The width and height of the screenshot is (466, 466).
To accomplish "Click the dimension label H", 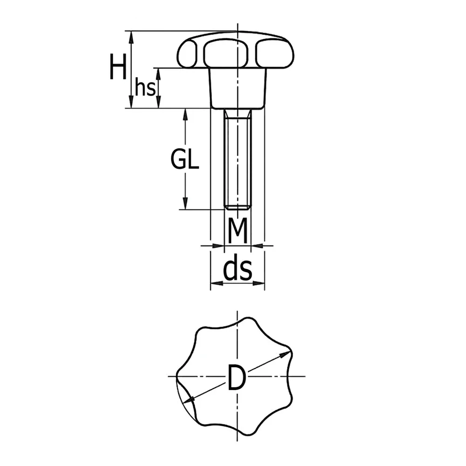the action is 118,67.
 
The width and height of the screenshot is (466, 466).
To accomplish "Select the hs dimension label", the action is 145,87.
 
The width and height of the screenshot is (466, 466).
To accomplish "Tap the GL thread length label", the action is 185,159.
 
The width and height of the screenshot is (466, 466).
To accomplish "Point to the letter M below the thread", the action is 238,230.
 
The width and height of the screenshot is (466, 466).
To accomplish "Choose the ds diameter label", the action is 238,269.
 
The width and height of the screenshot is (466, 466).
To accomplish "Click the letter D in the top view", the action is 237,377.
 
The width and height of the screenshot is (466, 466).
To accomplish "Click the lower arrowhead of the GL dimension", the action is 185,204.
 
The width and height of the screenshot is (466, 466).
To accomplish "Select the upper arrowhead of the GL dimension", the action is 185,115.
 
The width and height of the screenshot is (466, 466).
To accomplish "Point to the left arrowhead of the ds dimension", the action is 217,283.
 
